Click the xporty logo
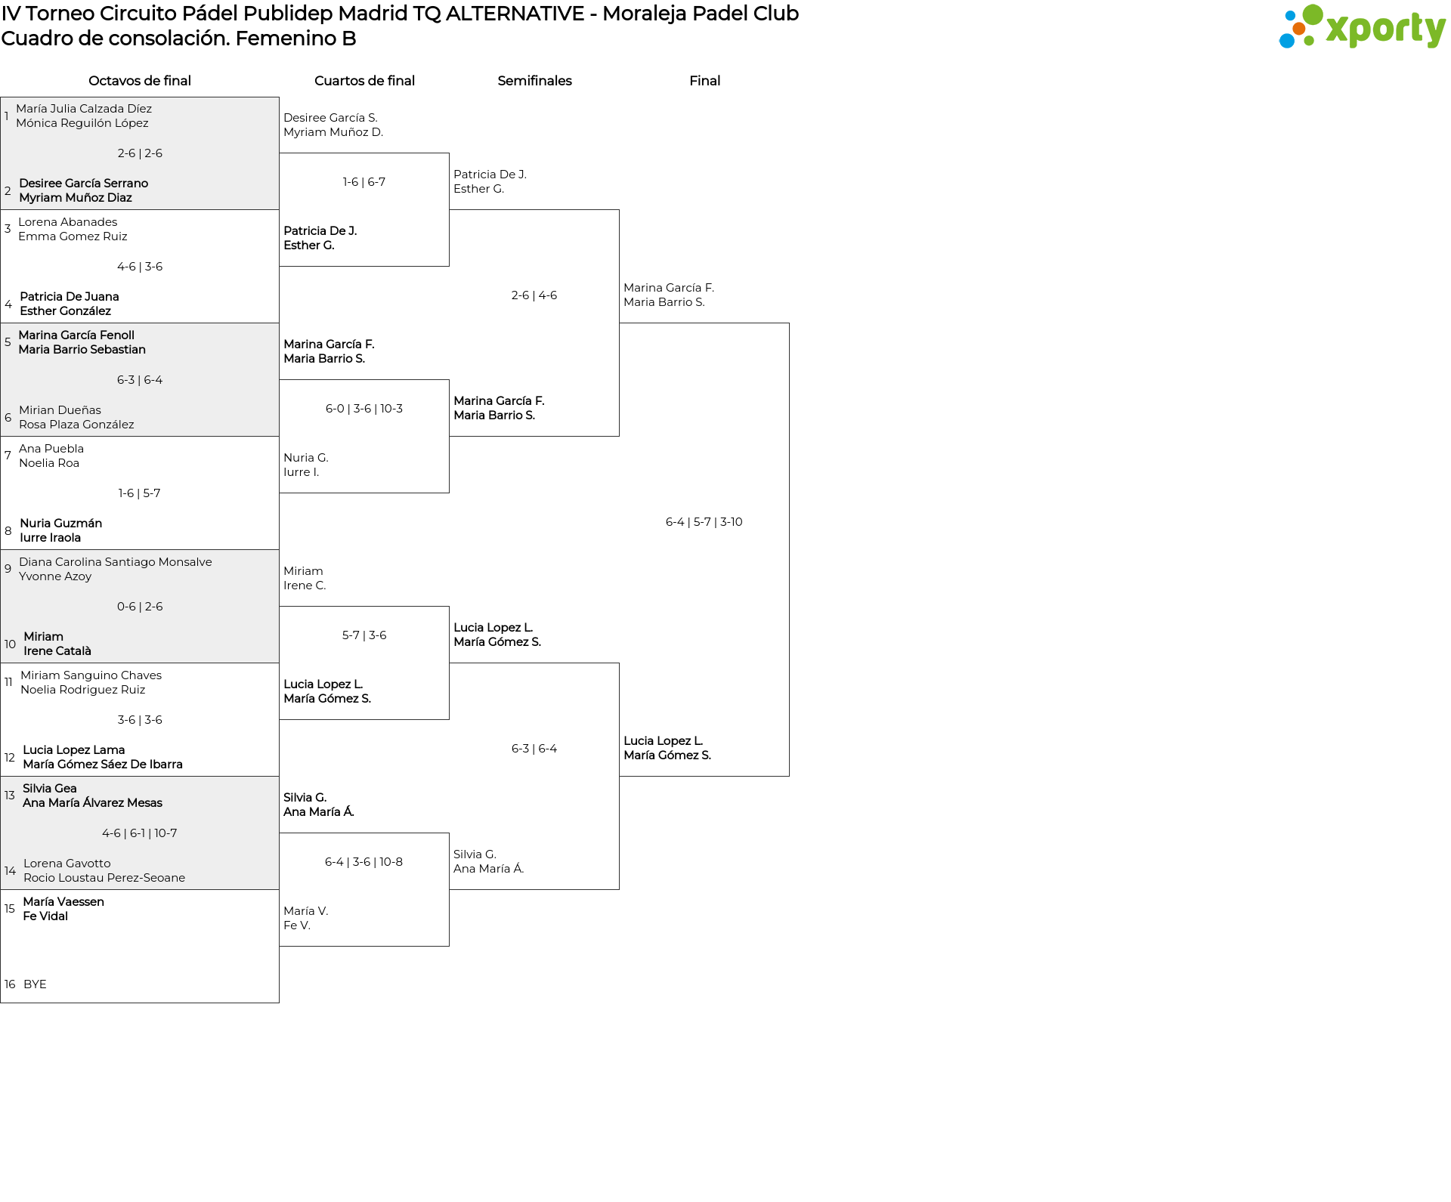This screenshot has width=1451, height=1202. pos(1362,27)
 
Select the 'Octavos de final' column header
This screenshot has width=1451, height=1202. pos(140,81)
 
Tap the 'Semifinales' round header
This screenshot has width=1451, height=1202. pos(534,81)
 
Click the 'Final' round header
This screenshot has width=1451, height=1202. pos(704,81)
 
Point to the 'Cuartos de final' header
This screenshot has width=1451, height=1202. pos(364,81)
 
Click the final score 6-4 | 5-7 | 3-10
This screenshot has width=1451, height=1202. pos(704,522)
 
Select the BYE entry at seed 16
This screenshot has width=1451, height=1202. pos(35,984)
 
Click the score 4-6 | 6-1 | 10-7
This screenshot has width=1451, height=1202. pos(140,833)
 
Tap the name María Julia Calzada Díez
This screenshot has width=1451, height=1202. pos(84,109)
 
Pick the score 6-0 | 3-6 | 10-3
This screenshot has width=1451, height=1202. pos(364,409)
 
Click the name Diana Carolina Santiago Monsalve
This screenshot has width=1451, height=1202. pos(116,562)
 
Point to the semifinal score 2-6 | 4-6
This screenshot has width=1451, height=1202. pos(534,295)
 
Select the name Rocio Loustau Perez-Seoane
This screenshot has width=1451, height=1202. pos(104,878)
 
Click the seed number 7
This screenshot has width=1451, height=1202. pos(8,456)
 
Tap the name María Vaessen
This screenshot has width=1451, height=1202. pos(63,902)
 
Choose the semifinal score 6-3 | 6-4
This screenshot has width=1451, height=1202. pos(534,749)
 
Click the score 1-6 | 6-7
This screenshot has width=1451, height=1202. pos(364,182)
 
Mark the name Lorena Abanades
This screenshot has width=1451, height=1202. pos(68,222)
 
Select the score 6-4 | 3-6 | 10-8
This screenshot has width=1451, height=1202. pos(364,862)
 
